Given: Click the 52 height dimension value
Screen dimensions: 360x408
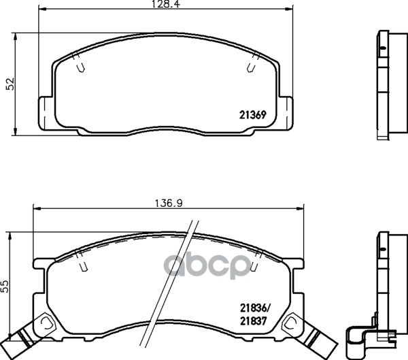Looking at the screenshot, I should click(10, 83).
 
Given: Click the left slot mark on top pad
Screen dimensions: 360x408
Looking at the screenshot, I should click(80, 67).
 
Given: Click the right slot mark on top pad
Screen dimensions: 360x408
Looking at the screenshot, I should click(250, 67).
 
